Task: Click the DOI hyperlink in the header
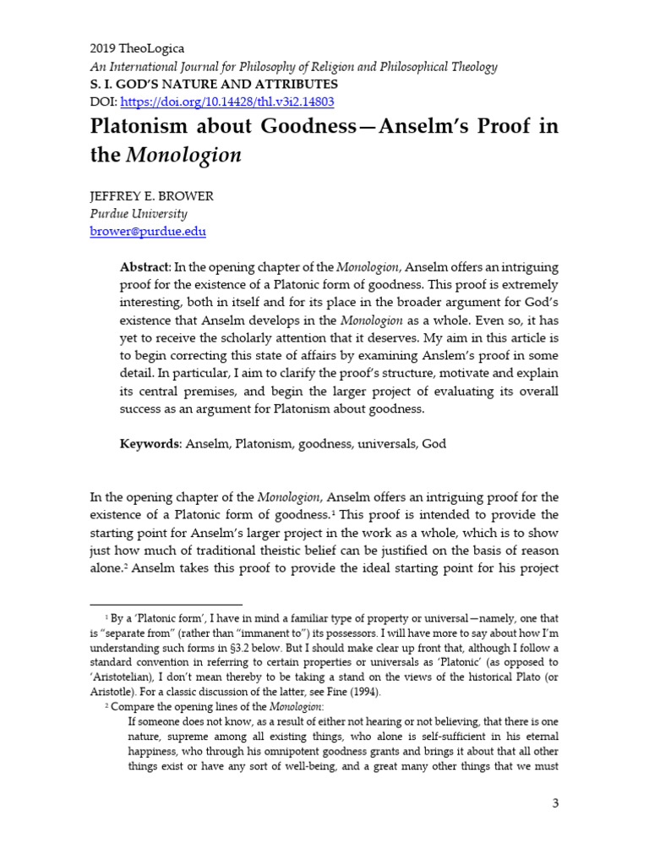[227, 102]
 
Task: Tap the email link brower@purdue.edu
[147, 231]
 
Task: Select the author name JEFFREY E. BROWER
[151, 196]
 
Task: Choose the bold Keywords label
[150, 443]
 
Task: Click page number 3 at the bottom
[555, 803]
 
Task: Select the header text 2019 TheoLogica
[137, 50]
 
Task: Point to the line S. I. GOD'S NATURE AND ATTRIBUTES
[214, 85]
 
